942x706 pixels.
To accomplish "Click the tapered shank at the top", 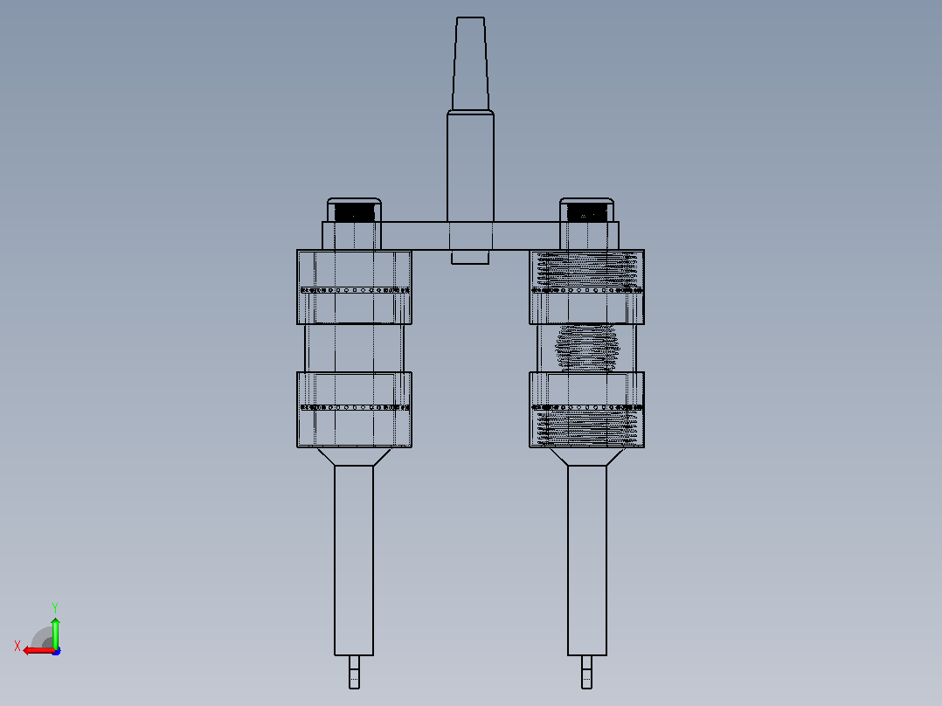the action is click(x=470, y=64).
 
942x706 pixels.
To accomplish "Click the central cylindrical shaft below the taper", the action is click(x=470, y=166).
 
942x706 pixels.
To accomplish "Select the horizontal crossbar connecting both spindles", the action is click(x=470, y=236).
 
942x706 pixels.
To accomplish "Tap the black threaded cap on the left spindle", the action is click(x=355, y=212).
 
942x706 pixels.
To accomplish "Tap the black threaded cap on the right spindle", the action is click(x=587, y=212).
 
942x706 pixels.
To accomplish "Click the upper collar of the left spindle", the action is click(x=355, y=287).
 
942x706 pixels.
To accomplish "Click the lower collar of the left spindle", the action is click(x=355, y=410).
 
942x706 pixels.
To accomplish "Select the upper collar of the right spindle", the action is click(x=587, y=287).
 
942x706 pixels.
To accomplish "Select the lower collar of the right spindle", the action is click(x=587, y=410).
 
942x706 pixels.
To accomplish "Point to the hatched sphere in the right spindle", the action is click(x=587, y=347).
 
